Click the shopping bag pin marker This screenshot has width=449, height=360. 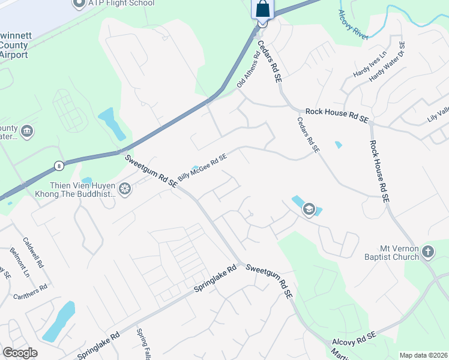(x=262, y=10)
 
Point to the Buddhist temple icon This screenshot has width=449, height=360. (x=125, y=190)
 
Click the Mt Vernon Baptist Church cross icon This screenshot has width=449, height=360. (x=427, y=252)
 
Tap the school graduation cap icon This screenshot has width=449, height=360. (x=309, y=209)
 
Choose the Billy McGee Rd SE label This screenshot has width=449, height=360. (x=202, y=167)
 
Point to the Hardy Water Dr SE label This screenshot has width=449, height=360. (x=387, y=62)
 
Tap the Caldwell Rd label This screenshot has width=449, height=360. (x=32, y=251)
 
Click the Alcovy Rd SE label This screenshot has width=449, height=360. (x=354, y=337)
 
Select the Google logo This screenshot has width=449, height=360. (x=20, y=353)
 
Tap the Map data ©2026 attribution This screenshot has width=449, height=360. (x=423, y=355)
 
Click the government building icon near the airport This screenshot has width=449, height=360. (x=26, y=131)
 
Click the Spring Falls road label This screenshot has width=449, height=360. (x=143, y=345)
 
